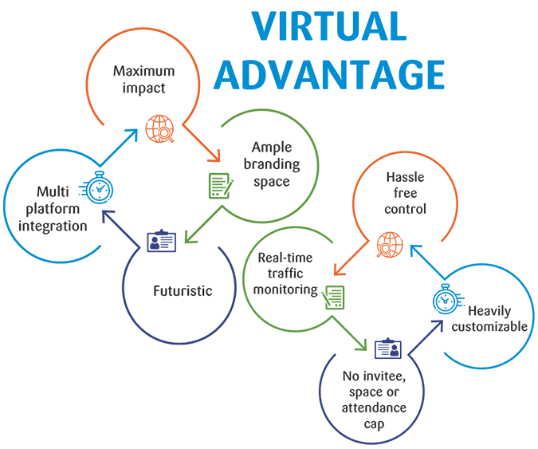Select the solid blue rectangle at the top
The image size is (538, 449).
tap(328, 49)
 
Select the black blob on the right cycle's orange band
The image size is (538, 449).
tap(406, 196)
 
